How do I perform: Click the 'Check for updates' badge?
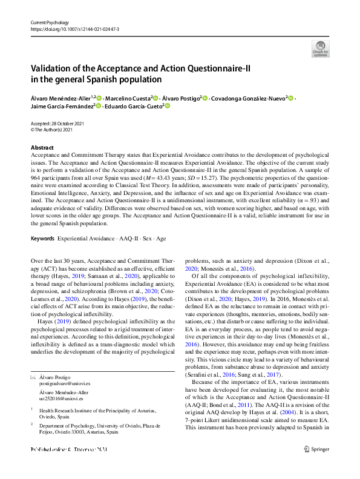tap(320, 48)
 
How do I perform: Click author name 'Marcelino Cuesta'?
tap(127, 98)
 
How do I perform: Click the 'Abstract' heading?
tap(42, 148)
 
